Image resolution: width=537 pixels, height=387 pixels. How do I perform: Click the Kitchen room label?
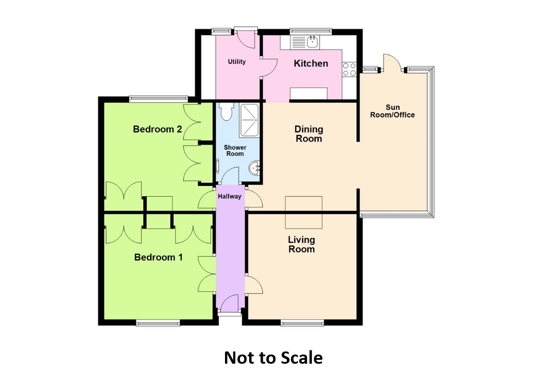[x=311, y=64]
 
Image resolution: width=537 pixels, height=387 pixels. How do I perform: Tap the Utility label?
[x=236, y=62]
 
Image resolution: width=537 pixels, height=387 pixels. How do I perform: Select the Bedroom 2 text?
[x=157, y=129]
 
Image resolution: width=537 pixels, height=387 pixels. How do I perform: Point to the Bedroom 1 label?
[x=158, y=257]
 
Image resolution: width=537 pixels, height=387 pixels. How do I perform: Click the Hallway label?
[x=229, y=197]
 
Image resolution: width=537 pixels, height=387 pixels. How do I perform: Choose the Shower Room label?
[x=235, y=150]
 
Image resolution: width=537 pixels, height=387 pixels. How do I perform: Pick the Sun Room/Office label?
[x=392, y=111]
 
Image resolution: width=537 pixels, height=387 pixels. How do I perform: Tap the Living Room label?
[x=301, y=244]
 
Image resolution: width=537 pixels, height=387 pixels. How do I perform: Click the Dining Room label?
[x=309, y=134]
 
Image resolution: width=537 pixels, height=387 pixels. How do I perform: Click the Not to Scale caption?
[x=273, y=358]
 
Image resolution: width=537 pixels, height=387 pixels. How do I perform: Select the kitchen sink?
[x=305, y=42]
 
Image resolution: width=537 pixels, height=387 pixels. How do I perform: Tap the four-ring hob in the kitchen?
[x=349, y=69]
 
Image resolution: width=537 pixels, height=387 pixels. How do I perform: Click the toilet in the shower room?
[x=227, y=111]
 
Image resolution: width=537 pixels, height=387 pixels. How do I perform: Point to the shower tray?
[x=249, y=120]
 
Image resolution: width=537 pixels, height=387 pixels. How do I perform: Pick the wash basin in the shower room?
[x=254, y=168]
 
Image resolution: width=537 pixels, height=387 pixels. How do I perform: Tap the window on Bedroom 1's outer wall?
[x=158, y=323]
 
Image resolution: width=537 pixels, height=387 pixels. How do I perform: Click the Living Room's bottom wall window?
[x=302, y=323]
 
